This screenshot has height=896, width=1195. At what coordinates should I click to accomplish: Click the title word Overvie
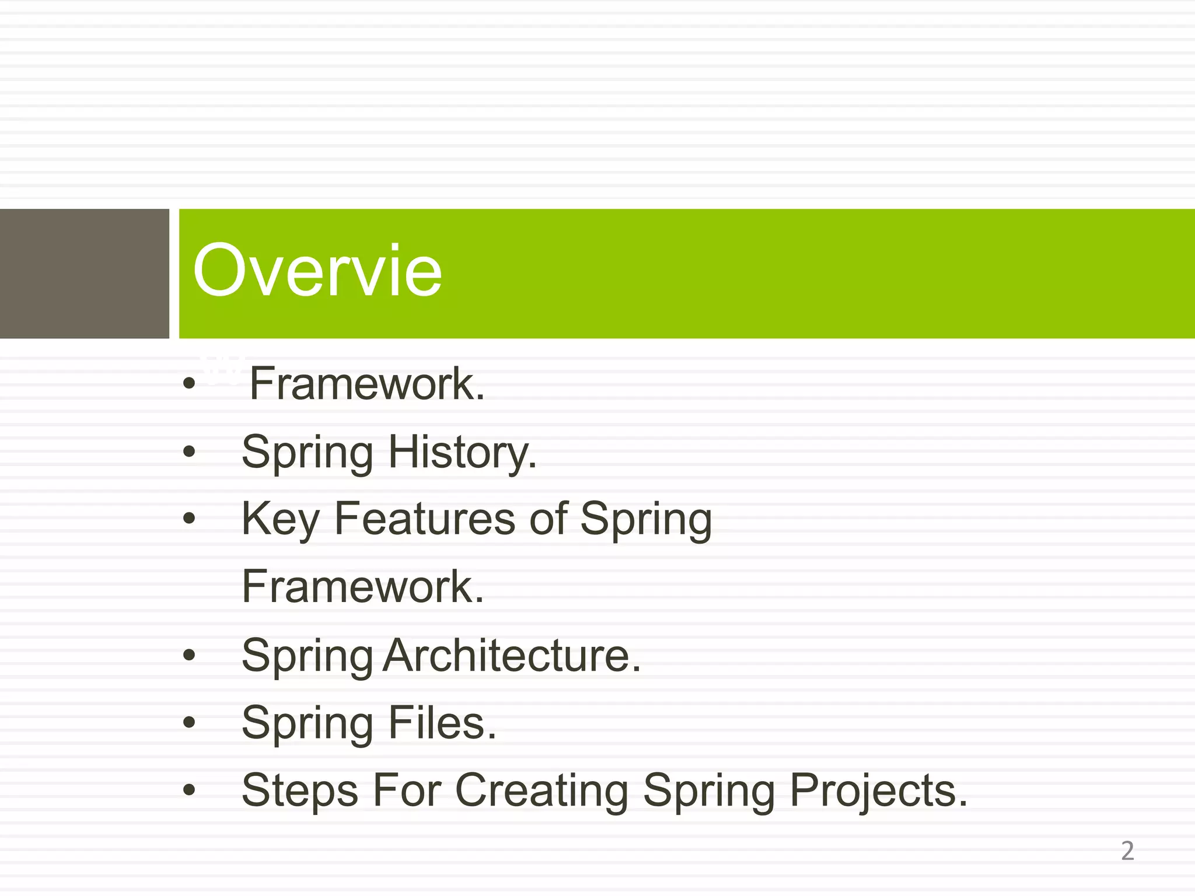coord(317,271)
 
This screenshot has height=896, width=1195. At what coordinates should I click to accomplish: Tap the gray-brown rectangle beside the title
coord(84,274)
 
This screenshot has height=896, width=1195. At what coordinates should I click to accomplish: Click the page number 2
coord(1127,851)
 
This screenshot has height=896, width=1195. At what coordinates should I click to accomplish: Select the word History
coord(462,453)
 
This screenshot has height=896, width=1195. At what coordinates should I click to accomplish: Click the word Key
coord(280,519)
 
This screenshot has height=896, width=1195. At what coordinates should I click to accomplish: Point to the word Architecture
coord(512,656)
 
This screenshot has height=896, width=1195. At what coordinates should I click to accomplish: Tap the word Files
coord(442,723)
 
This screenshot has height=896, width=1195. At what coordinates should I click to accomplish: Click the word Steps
coord(300,791)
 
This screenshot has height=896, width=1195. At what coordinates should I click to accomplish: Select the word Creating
coord(541,791)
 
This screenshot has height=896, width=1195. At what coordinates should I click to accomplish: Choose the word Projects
coord(878,791)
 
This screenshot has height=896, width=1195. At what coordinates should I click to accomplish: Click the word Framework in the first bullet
coord(367,384)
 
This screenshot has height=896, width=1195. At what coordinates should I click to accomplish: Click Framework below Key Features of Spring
coord(363,587)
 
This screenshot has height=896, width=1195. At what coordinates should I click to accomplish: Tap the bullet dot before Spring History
coord(188,452)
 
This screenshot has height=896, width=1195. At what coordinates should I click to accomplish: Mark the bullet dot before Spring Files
coord(188,723)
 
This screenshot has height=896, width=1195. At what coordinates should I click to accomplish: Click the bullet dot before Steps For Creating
coord(188,791)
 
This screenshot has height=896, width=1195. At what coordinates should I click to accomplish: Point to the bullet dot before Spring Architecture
coord(188,655)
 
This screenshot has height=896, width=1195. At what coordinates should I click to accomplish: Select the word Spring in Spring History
coord(308,453)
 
